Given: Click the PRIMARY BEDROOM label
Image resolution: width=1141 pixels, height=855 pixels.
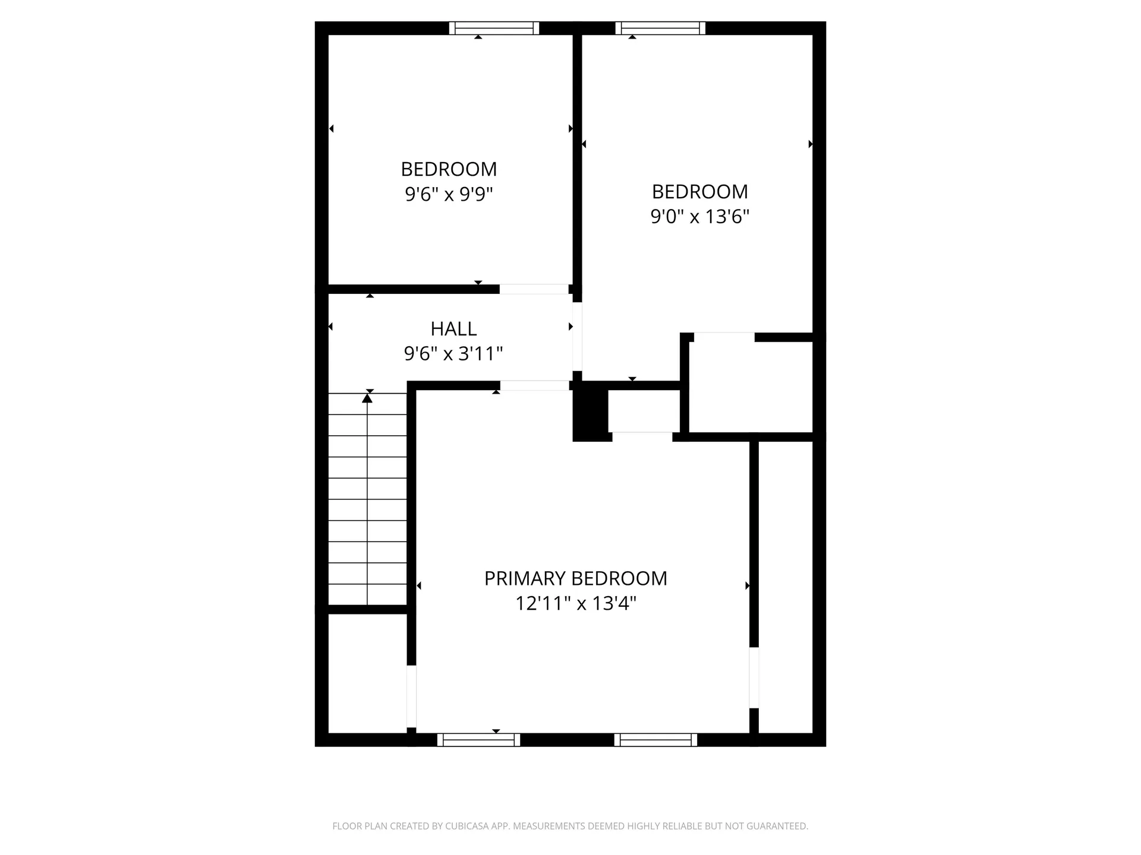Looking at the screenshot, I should pos(575,578).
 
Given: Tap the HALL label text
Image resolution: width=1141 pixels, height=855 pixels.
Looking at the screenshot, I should pos(453,329).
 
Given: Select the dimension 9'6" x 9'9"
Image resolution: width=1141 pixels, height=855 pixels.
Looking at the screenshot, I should pos(449,194).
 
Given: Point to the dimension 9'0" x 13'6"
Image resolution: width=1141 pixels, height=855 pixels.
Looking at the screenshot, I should pos(699,217).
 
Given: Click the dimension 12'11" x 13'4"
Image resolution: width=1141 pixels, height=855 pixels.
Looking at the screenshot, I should pos(575,604).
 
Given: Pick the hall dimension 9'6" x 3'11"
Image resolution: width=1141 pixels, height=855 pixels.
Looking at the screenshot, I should pos(453,354).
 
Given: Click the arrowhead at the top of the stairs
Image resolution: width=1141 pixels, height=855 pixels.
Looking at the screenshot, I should pos(367,398).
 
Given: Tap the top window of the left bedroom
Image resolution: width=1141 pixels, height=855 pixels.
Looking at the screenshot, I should pos(494,28).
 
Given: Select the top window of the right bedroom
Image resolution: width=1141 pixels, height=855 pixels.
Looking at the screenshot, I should pos(660,28).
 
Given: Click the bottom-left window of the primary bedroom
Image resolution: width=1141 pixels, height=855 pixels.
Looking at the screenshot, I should pos(478,740).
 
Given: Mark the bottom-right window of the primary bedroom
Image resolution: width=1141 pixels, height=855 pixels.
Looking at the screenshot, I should pos(655,740).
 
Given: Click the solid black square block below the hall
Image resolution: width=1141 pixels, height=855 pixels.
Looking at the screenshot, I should pos(591,415).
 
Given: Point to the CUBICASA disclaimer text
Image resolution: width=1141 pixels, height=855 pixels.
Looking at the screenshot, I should pos(570,826).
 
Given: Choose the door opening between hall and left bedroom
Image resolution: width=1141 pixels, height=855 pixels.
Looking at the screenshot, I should pos(534,290).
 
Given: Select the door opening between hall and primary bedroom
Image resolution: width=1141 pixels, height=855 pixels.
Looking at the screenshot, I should pos(534,386).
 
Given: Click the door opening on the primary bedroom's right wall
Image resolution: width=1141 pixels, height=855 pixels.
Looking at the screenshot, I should pos(754,677).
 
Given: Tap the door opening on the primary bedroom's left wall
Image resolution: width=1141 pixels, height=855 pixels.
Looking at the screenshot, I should pos(411,696).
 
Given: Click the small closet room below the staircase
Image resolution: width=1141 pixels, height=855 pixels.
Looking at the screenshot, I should pos(367,673).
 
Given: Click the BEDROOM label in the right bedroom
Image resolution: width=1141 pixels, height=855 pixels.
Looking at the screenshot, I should pos(699,192).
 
